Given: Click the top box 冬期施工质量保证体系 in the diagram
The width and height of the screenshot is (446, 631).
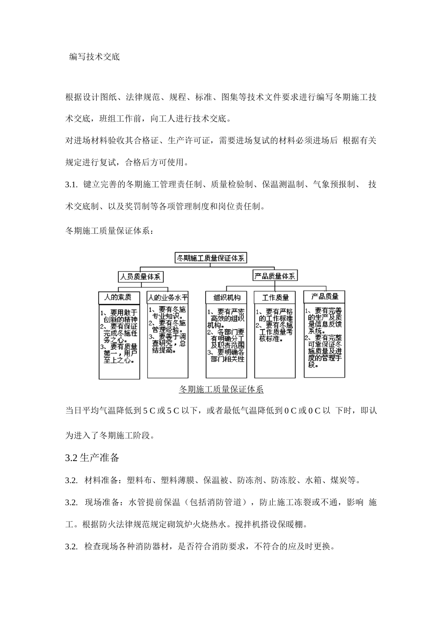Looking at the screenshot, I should (x=210, y=258).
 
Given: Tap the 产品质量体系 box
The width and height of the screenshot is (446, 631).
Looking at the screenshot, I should (x=275, y=276).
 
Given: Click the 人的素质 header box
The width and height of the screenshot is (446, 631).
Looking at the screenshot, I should (x=119, y=297).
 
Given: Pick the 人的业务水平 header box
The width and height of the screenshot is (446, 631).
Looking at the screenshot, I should (x=168, y=297).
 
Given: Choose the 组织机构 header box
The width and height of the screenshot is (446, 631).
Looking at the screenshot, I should (x=226, y=297).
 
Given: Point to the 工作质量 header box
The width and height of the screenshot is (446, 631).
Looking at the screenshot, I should (x=275, y=297).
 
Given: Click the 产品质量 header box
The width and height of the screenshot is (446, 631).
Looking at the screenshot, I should (x=324, y=296).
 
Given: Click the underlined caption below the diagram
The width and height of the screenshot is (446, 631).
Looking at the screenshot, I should (x=221, y=389).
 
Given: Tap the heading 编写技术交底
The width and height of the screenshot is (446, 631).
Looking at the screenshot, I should (x=94, y=57).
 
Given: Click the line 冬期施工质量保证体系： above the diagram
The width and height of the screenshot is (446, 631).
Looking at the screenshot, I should (x=108, y=231).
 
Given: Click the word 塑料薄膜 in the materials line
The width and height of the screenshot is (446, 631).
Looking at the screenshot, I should (x=177, y=480).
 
